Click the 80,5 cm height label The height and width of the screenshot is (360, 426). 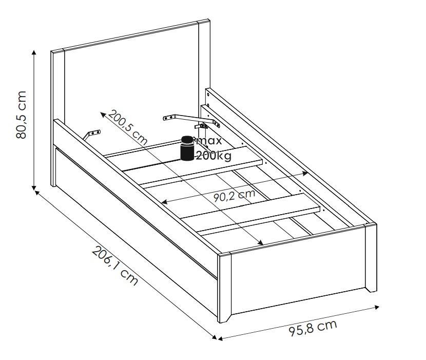tap(21, 115)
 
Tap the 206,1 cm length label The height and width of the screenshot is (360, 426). tap(115, 266)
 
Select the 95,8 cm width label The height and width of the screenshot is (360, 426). tap(313, 328)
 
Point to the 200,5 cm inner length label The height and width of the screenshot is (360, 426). tap(128, 127)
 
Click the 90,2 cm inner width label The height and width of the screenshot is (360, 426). tap(234, 195)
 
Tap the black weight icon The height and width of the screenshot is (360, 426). tap(187, 148)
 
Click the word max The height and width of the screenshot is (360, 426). tap(209, 141)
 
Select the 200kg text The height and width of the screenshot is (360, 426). tap(214, 156)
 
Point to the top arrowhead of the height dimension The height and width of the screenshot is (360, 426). tap(34, 52)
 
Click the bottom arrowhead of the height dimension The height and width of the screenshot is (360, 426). tap(34, 187)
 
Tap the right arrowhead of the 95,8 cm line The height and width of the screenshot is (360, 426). tap(377, 307)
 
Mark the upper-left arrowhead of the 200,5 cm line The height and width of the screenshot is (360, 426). tap(103, 114)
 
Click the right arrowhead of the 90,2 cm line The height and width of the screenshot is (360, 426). tap(305, 173)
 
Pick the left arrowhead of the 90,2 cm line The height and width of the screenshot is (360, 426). tap(164, 202)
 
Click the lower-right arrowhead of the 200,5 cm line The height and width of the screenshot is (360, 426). tap(261, 242)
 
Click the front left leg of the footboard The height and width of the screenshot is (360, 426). tap(224, 288)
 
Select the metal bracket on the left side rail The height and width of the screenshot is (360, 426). tap(91, 135)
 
